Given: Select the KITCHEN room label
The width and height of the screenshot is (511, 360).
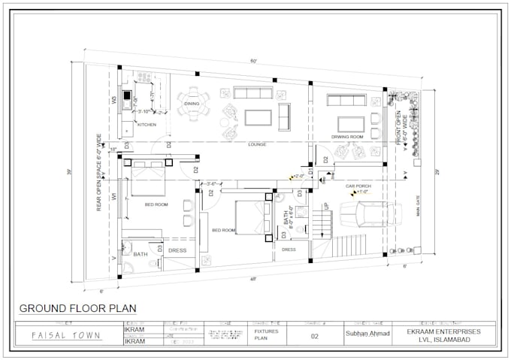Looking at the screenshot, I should (147, 125).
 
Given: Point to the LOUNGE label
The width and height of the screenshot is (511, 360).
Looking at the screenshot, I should (258, 144).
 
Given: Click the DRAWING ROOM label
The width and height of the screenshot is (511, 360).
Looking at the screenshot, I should (348, 137).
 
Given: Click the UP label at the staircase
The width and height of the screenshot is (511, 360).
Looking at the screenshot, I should (325, 205).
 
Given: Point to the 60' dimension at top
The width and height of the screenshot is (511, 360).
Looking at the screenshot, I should (254, 60).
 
